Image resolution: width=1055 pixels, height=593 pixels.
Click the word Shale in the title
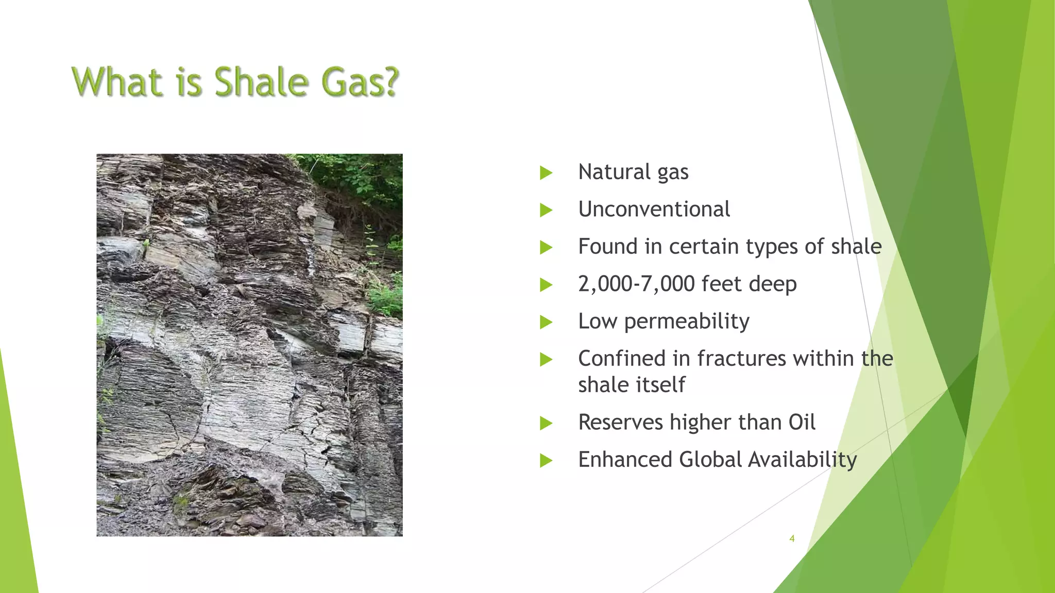(261, 82)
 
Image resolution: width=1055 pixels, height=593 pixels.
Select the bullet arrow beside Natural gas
(546, 173)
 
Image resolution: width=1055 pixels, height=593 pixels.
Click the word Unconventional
(654, 210)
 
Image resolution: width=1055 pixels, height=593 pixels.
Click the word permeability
(687, 322)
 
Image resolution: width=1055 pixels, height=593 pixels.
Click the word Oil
(802, 423)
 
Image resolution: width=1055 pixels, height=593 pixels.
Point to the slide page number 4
(792, 538)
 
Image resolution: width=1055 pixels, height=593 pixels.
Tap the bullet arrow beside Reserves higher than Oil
(546, 424)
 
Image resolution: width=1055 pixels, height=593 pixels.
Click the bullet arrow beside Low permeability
(546, 323)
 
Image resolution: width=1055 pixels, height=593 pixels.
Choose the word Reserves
(620, 423)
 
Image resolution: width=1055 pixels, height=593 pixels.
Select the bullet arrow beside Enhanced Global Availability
(546, 461)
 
